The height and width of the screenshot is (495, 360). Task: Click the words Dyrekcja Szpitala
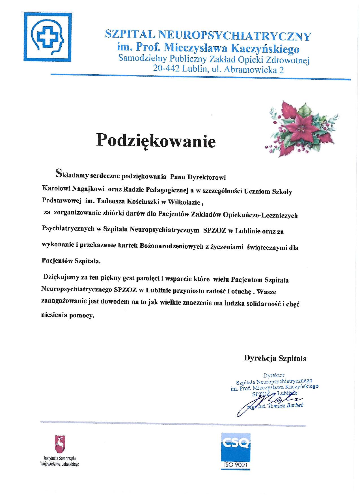(275, 358)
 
